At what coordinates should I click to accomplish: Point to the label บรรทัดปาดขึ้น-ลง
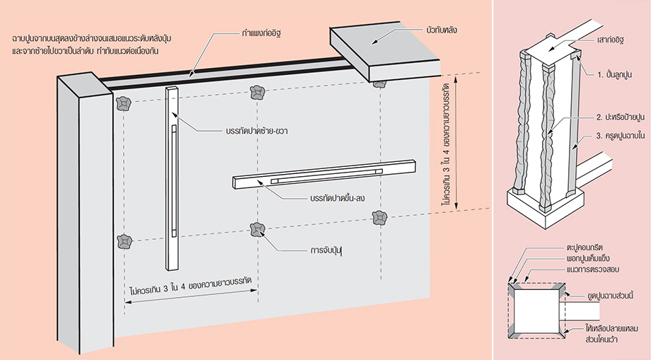coord(342,199)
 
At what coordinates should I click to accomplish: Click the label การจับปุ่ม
coord(331,250)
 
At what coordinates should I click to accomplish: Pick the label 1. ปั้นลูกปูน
coord(617,74)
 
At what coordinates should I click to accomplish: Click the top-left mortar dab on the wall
coord(125,104)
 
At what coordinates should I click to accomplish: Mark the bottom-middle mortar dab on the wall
coord(257,228)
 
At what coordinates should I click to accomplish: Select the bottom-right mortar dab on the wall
coord(381,218)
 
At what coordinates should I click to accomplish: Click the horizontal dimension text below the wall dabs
coord(193,291)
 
